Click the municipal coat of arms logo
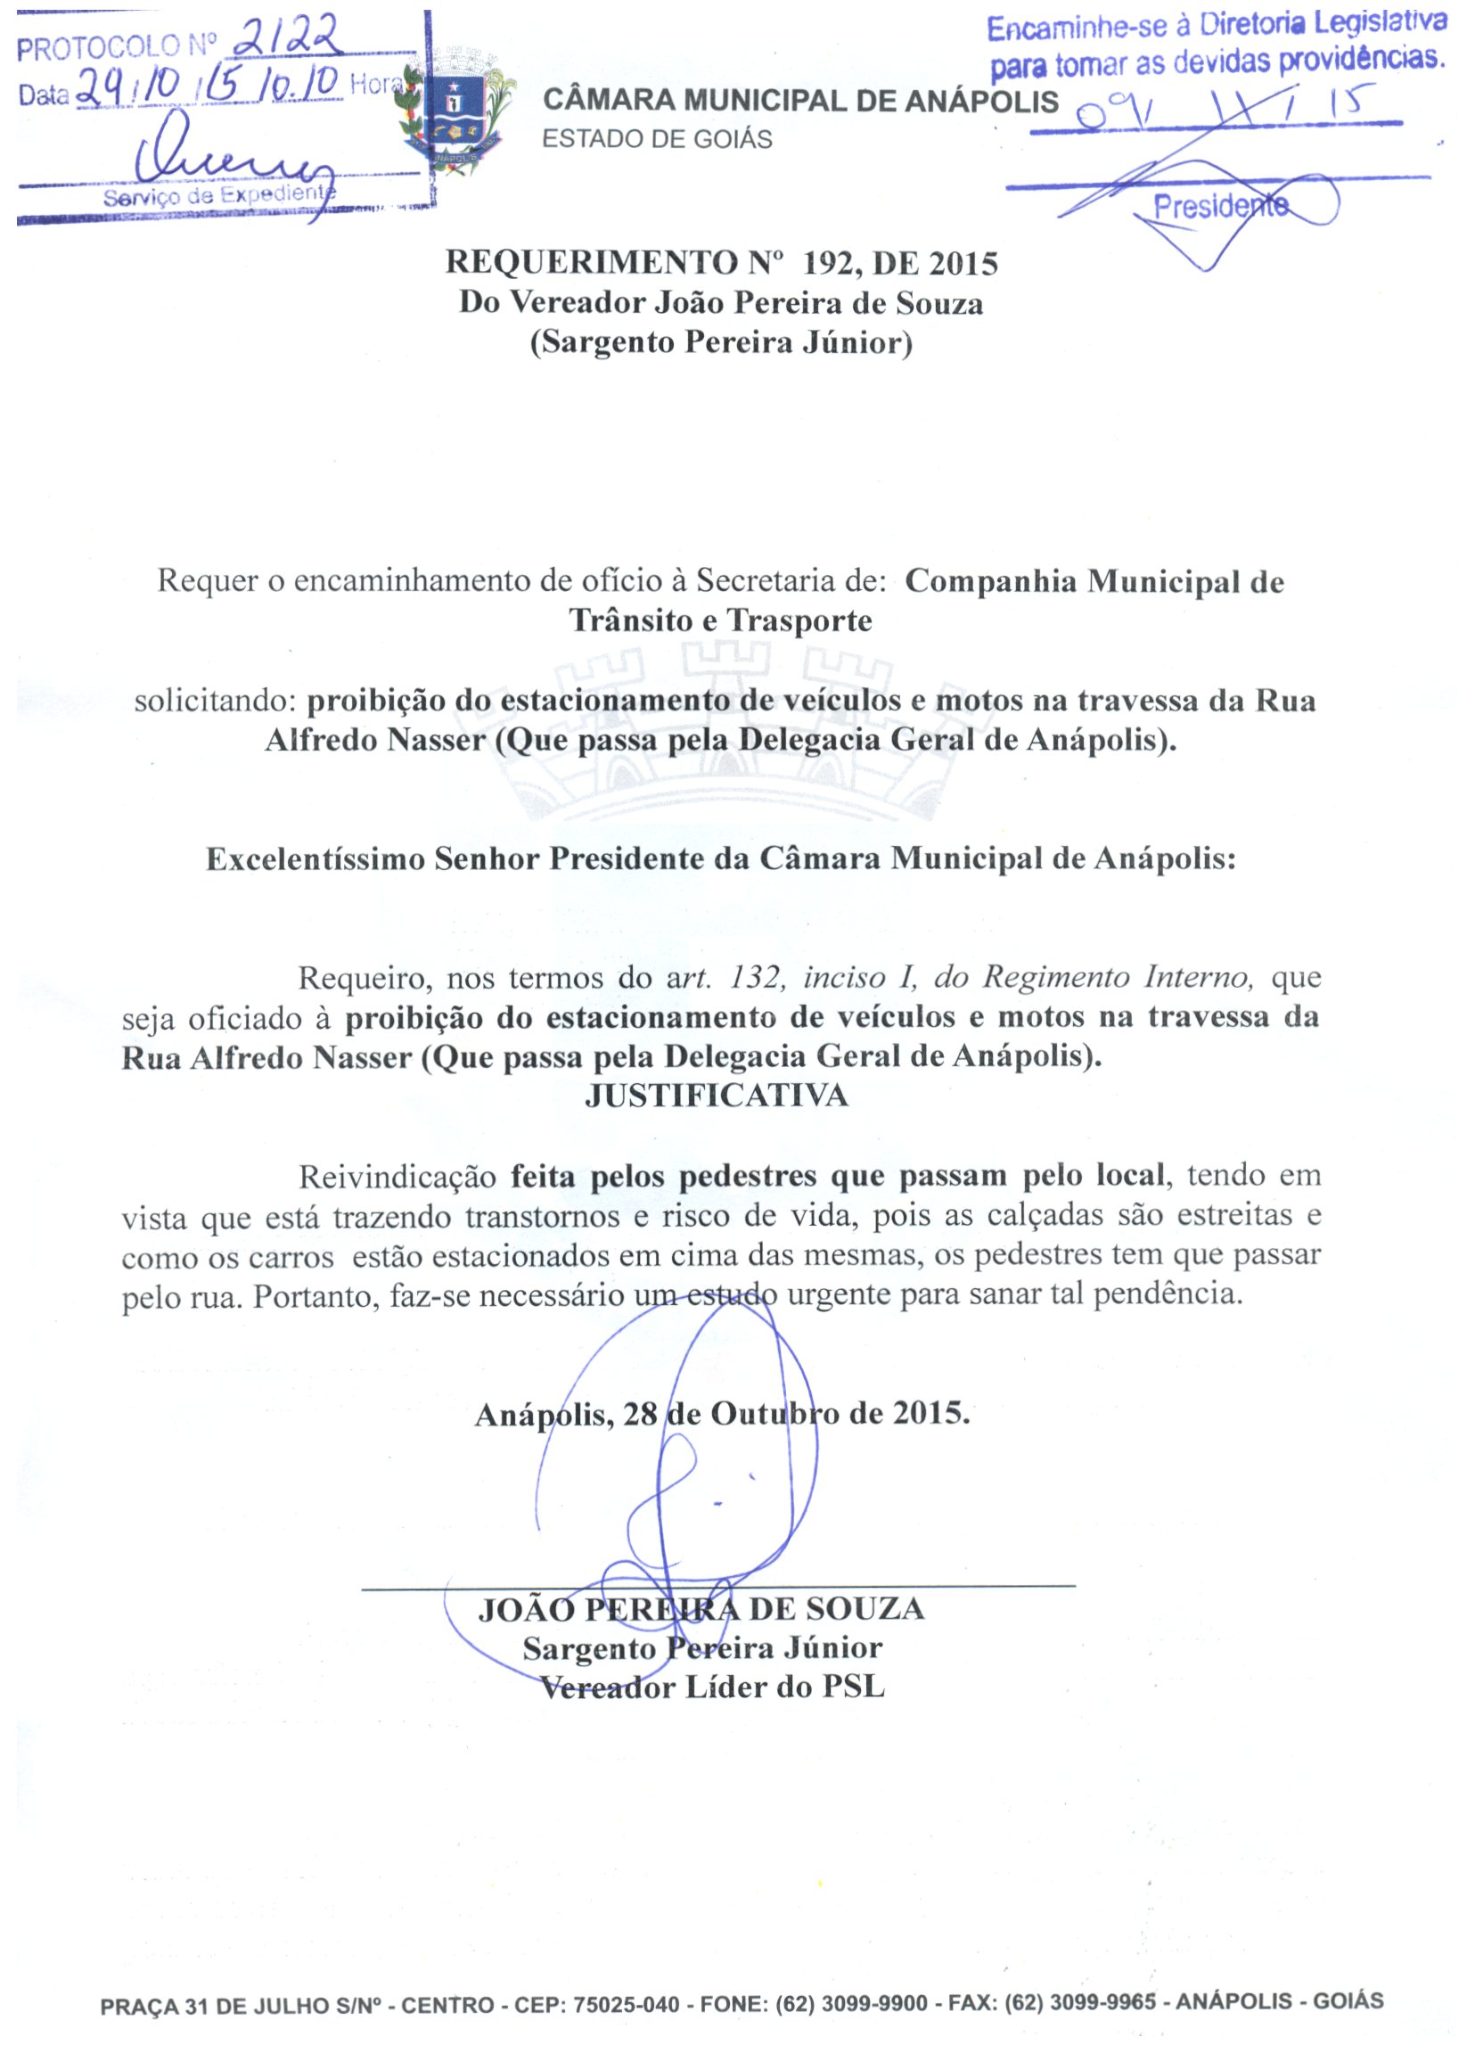click(x=456, y=113)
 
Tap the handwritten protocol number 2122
click(x=287, y=40)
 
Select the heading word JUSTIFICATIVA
click(x=717, y=1097)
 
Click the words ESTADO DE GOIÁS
click(x=657, y=139)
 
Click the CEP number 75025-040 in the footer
click(x=627, y=2004)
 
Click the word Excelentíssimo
click(x=315, y=859)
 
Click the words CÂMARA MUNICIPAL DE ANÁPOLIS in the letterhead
click(x=800, y=101)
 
